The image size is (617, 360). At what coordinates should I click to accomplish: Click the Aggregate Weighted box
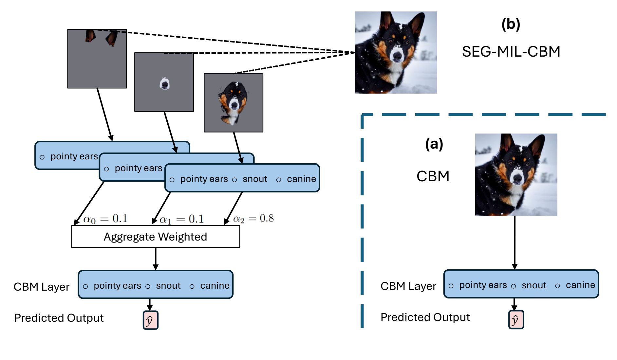coord(156,236)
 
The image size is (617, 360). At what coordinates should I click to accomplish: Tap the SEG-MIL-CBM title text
coord(511,52)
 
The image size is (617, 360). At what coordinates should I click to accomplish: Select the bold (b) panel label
coord(511,24)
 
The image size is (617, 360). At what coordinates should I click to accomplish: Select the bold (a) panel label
coord(434,144)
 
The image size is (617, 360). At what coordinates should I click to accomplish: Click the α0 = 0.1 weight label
coord(105,219)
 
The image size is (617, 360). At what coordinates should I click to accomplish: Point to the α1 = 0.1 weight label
coord(181,219)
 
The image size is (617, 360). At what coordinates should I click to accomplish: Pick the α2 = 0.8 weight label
coord(253,218)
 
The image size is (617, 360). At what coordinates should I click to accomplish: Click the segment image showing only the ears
coord(97,59)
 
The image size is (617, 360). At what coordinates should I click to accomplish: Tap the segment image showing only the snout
coord(164,82)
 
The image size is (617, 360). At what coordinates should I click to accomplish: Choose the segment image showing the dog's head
coord(234,102)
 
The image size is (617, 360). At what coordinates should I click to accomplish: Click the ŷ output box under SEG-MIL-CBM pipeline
coord(150,320)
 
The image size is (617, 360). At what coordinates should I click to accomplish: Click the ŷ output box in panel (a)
coord(516,319)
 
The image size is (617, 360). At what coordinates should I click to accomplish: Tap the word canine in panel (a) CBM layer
coord(580,285)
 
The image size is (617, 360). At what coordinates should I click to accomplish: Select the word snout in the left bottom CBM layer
coord(168,286)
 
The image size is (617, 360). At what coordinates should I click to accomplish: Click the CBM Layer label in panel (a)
coord(408,286)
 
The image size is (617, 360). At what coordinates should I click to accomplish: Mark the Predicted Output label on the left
coord(59,318)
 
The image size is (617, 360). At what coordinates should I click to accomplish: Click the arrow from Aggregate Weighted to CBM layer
coord(156,259)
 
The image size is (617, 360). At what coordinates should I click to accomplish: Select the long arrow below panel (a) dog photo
coord(514,242)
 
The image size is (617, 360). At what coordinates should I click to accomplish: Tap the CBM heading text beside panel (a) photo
coord(433,176)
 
